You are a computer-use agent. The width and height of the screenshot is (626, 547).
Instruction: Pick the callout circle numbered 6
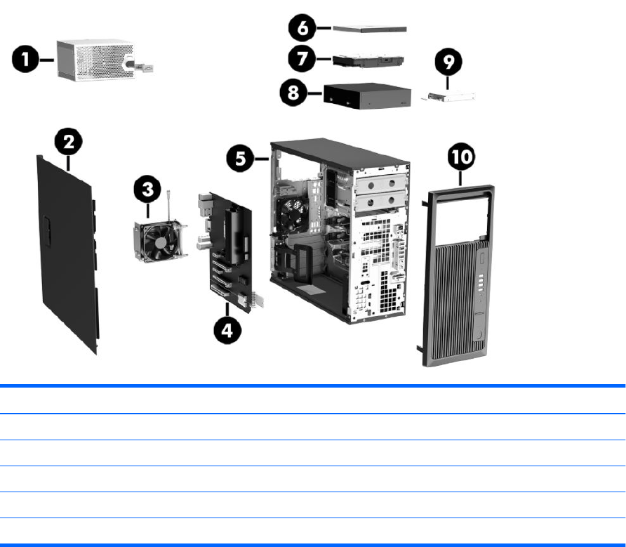click(302, 28)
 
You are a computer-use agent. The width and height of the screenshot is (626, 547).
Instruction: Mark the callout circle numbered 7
click(302, 59)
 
